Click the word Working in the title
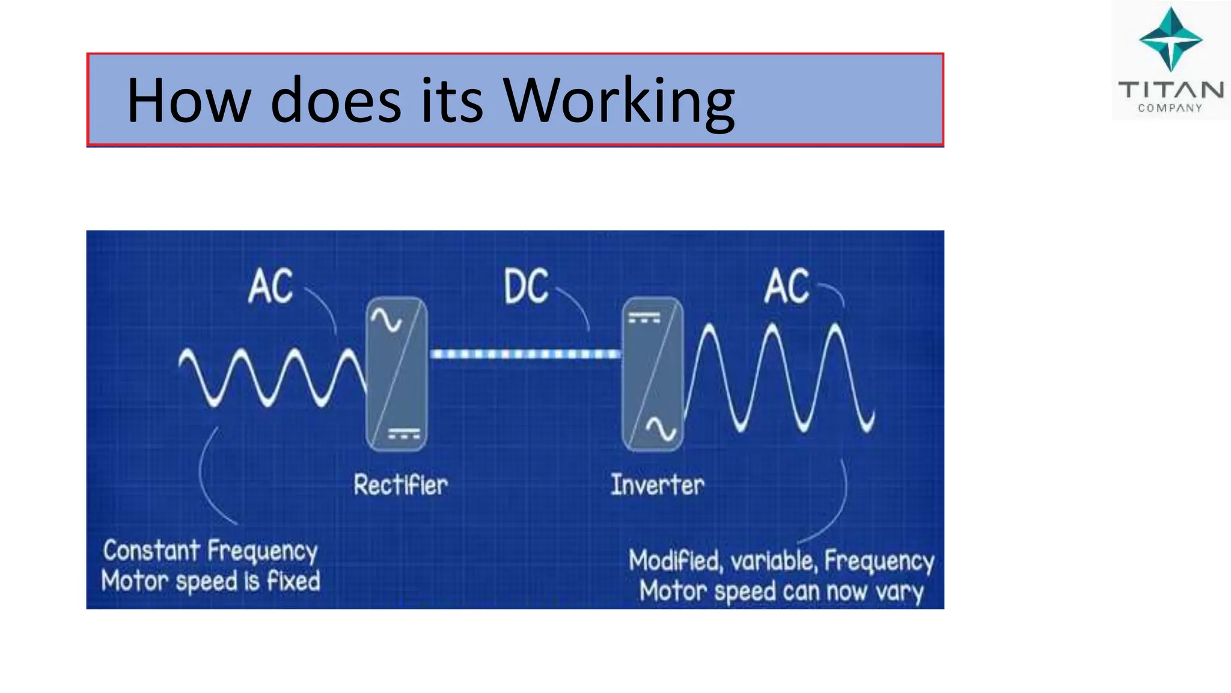click(x=619, y=101)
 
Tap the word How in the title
click(x=188, y=101)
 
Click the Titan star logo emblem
click(x=1170, y=40)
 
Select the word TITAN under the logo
click(x=1170, y=90)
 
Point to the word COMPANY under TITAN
click(x=1170, y=108)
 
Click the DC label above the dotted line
click(x=526, y=286)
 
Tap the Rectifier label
click(x=400, y=485)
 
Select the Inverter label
click(x=657, y=485)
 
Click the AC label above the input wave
click(x=270, y=286)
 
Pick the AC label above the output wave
click(x=786, y=286)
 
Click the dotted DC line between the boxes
click(x=525, y=354)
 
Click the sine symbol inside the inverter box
click(x=661, y=429)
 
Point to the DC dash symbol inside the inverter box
click(x=644, y=318)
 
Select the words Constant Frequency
click(x=210, y=551)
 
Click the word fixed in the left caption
click(x=293, y=581)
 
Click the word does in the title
click(x=335, y=101)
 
